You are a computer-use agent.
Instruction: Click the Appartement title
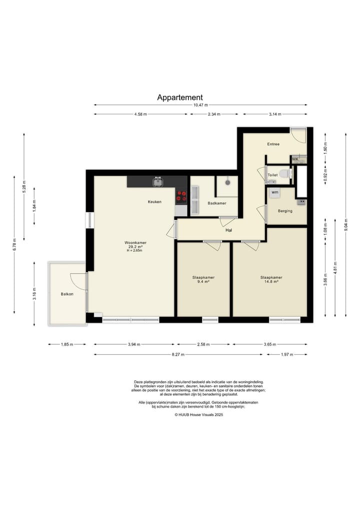[x=180, y=97]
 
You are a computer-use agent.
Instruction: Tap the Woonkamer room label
[x=135, y=242]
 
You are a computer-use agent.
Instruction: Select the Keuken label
[x=154, y=201]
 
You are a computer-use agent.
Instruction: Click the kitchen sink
[x=158, y=182]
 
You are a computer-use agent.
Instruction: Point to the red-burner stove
[x=181, y=196]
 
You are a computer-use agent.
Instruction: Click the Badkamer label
[x=217, y=203]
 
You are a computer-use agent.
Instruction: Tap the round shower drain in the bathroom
[x=227, y=182]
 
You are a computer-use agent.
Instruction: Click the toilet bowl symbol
[x=285, y=174]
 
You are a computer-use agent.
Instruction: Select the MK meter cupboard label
[x=295, y=159]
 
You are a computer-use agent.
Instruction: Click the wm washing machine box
[x=274, y=192]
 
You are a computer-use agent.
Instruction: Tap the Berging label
[x=285, y=211]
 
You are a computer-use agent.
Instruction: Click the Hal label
[x=228, y=230]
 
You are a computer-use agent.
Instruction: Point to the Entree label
[x=273, y=144]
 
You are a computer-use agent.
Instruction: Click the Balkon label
[x=67, y=294]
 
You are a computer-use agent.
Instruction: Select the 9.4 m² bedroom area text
[x=203, y=282]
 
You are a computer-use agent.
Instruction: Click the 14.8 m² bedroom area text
[x=271, y=282]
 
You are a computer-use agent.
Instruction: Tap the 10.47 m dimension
[x=200, y=105]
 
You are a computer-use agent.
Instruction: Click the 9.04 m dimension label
[x=346, y=225]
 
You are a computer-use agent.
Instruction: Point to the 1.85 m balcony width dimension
[x=67, y=344]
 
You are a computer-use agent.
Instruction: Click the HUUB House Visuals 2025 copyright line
[x=199, y=415]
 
